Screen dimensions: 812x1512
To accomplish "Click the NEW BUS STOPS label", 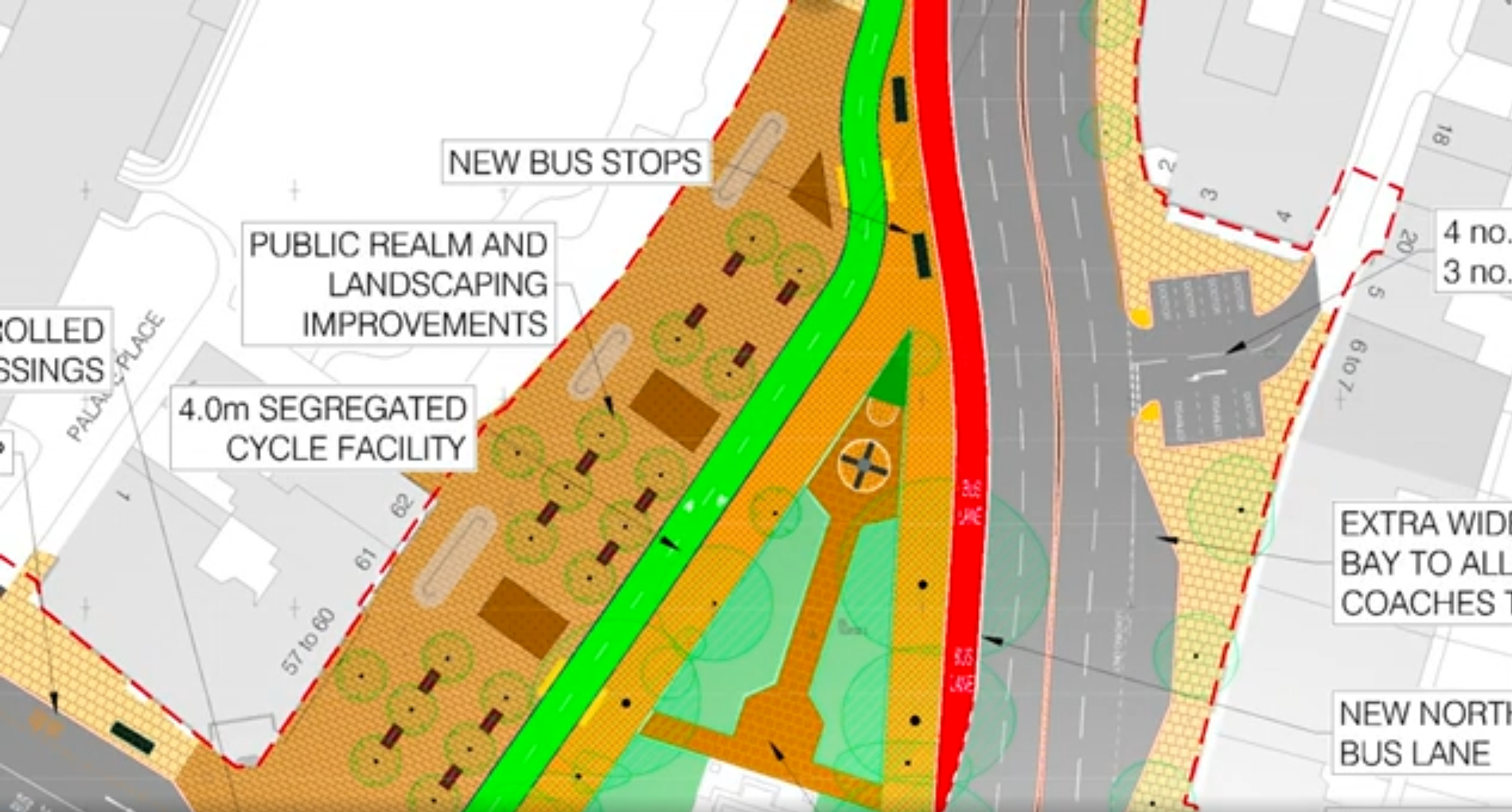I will tap(575, 162).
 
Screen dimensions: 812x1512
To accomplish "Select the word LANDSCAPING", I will tap(438, 284).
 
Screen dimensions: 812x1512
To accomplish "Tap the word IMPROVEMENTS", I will tap(424, 324).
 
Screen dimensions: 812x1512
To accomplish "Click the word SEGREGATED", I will tap(363, 409).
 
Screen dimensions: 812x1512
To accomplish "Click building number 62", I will tap(402, 506).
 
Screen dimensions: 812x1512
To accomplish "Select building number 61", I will tap(365, 559).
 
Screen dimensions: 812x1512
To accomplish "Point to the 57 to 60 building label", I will tap(309, 641).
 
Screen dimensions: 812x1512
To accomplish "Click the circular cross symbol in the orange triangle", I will tap(863, 464).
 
